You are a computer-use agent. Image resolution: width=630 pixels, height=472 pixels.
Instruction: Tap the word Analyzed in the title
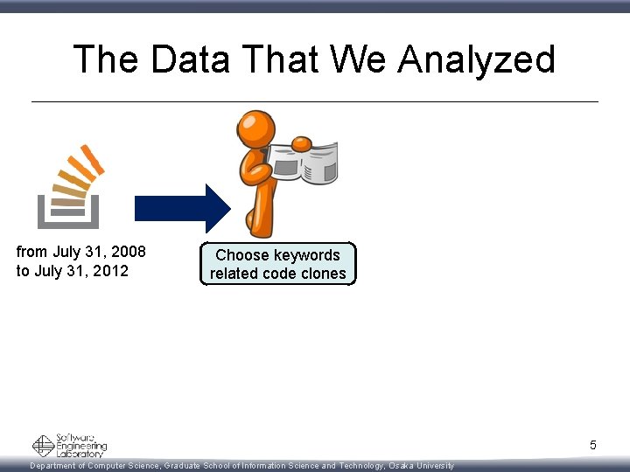click(x=476, y=61)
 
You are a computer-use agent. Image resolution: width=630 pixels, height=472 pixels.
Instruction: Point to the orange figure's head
click(x=256, y=128)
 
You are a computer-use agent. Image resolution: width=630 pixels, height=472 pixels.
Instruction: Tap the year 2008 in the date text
click(x=128, y=253)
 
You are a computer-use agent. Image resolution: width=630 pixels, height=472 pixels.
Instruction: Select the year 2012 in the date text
click(x=110, y=271)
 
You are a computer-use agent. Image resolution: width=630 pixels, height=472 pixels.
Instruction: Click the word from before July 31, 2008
click(x=31, y=253)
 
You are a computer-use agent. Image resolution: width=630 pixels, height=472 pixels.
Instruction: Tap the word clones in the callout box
click(x=324, y=274)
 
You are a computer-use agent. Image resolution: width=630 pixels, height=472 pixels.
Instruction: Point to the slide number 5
click(x=592, y=446)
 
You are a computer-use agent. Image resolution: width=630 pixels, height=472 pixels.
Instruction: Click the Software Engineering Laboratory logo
click(x=69, y=446)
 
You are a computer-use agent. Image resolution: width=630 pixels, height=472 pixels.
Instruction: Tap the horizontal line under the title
click(x=315, y=101)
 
